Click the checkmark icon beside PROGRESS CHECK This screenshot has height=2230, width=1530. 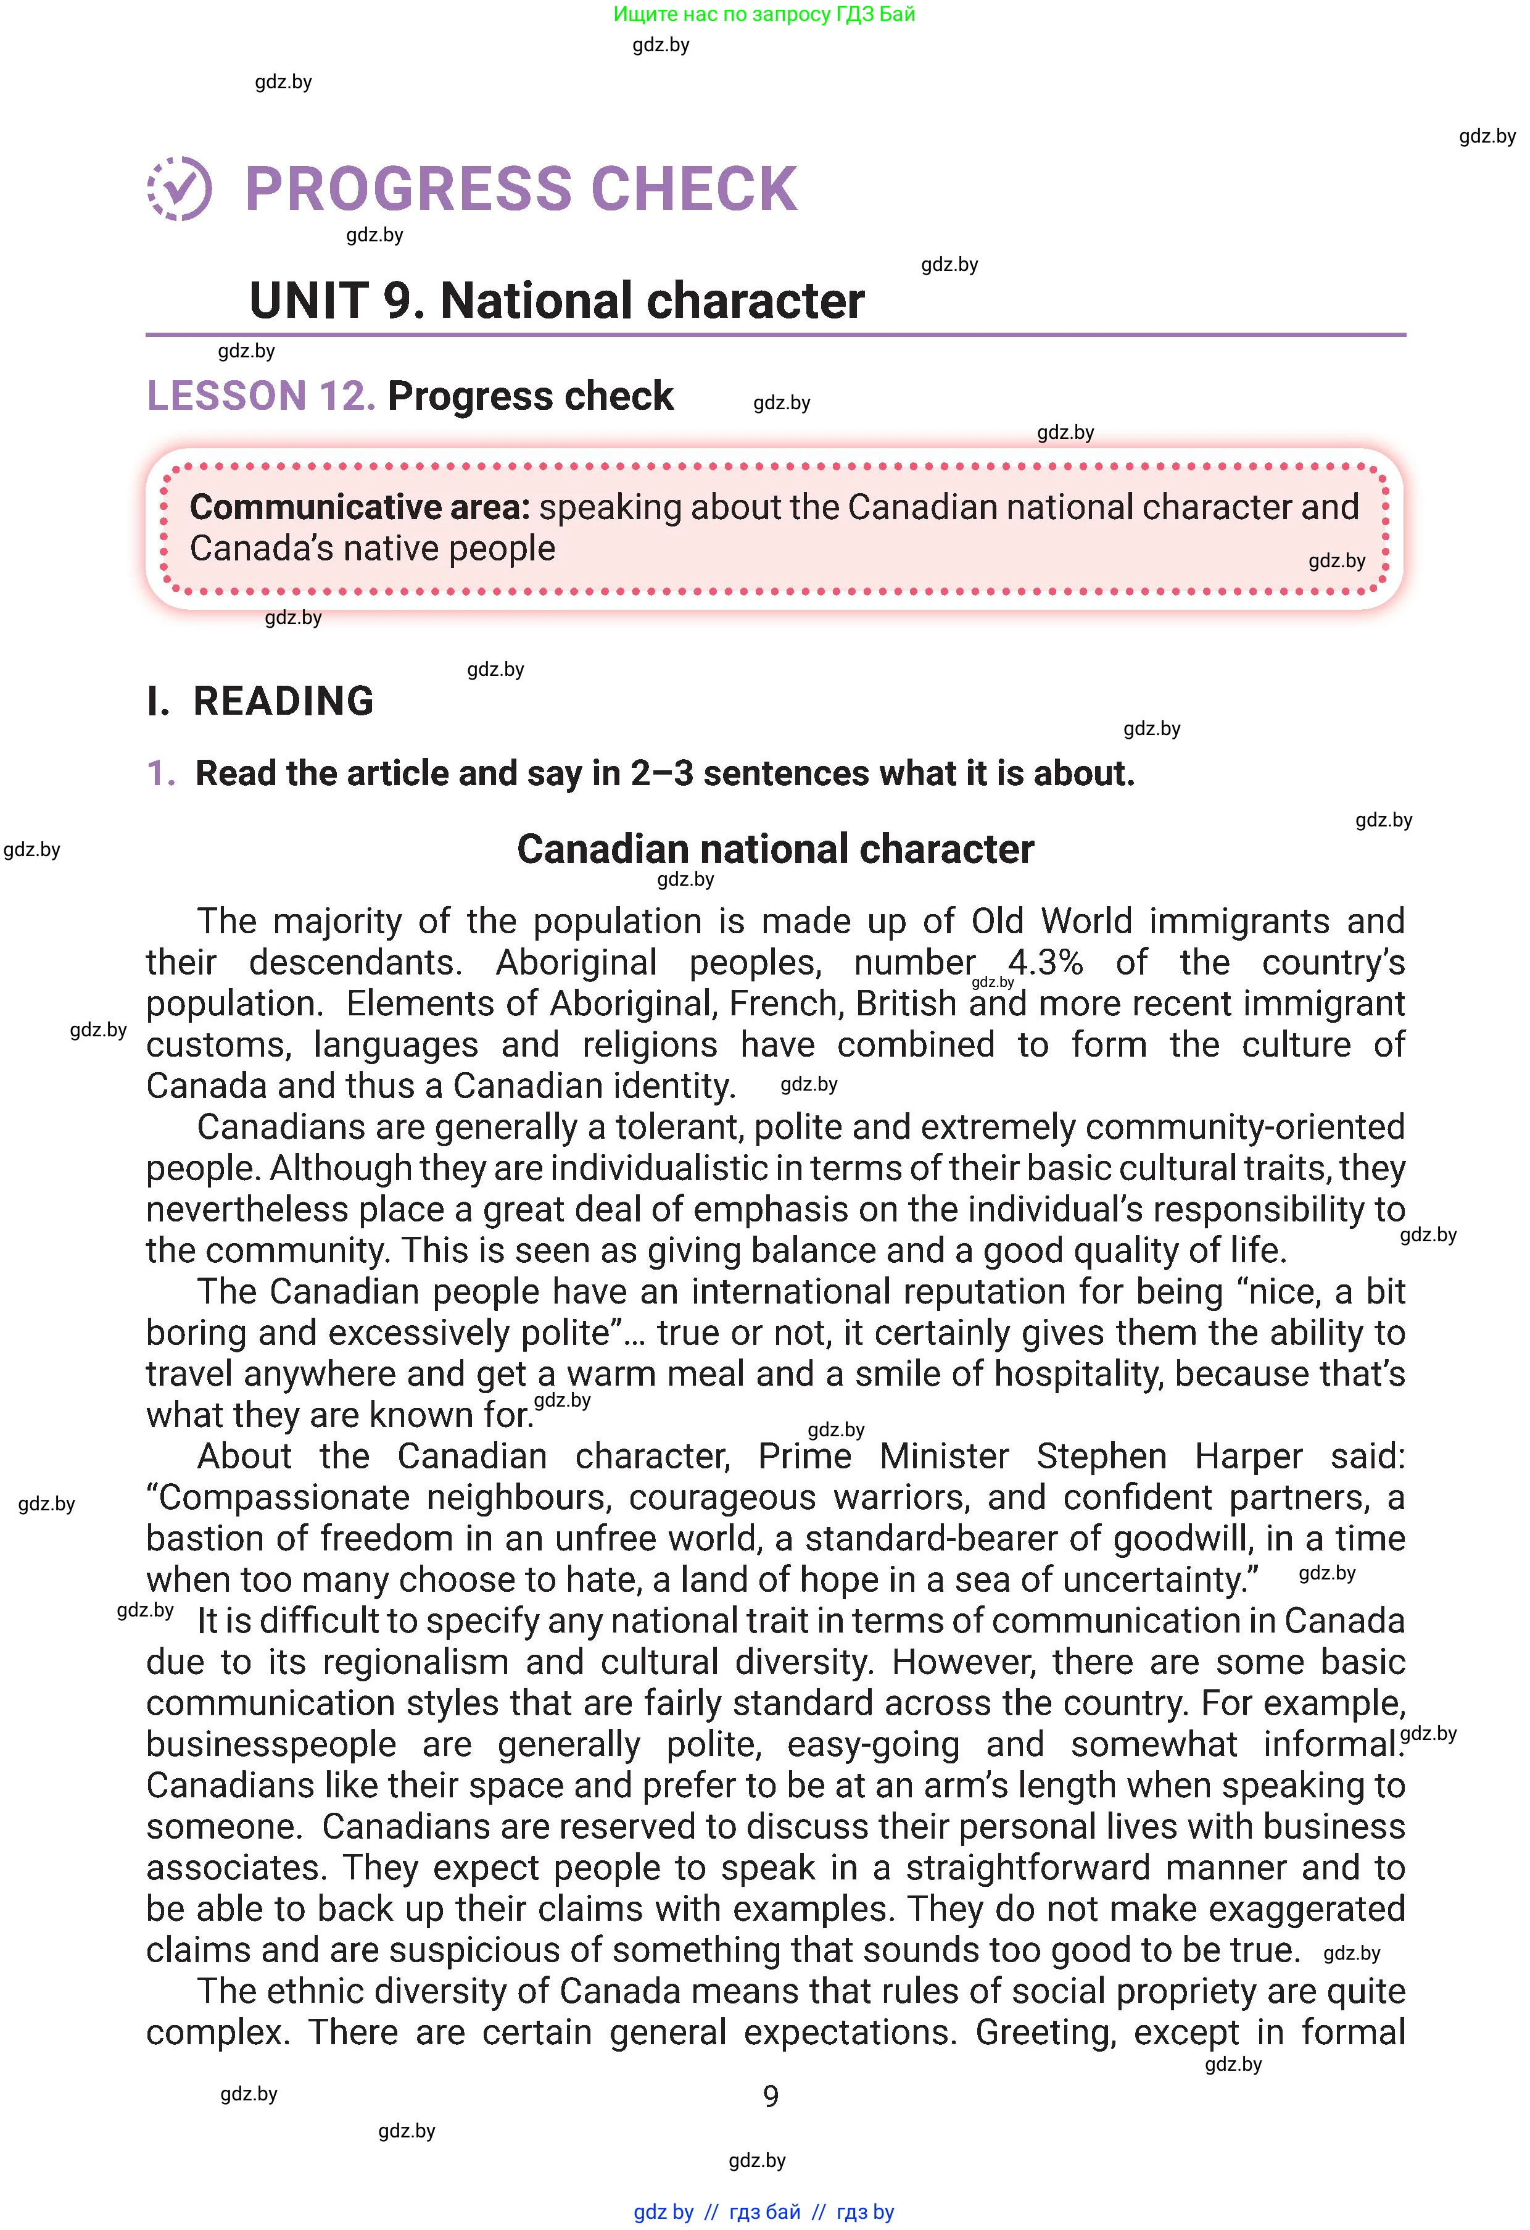pos(180,188)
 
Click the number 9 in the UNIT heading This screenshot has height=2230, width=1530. pos(397,301)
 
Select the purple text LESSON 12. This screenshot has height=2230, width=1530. pos(260,396)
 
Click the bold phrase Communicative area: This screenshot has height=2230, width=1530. pos(360,507)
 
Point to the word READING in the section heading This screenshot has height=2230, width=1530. pos(284,701)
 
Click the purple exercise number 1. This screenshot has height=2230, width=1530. pos(160,773)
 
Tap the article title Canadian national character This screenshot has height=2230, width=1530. pos(775,849)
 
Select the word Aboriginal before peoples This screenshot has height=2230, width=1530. pos(576,962)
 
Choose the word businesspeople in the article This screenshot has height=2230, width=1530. pos(271,1744)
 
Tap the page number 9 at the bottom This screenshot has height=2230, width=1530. pos(771,2097)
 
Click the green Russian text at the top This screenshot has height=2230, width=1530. pos(764,14)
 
